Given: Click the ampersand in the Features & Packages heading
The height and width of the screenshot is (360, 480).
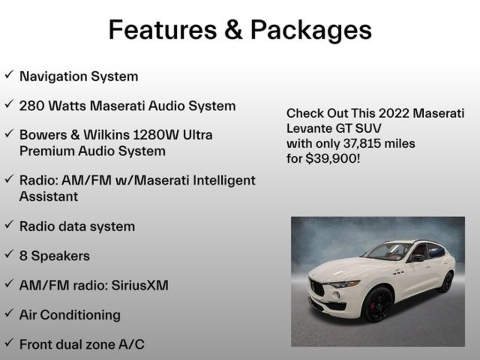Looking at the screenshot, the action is (233, 30).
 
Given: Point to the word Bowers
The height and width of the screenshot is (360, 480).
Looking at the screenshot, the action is (43, 135).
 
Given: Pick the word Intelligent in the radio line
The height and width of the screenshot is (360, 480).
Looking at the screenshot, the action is (224, 180).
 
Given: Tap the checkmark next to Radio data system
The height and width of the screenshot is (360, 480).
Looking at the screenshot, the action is (9, 224).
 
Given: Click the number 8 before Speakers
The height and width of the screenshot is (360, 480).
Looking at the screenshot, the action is (23, 256).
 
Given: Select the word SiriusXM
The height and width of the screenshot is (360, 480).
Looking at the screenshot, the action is (140, 285).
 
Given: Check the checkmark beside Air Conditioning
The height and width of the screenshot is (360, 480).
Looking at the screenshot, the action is (9, 313).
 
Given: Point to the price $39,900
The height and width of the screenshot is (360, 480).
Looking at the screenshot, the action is (333, 158).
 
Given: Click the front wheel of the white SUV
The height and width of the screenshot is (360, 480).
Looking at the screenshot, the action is (377, 305).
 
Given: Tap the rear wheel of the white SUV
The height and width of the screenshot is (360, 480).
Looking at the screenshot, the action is (447, 282).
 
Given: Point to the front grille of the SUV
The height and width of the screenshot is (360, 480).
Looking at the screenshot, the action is (317, 287).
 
